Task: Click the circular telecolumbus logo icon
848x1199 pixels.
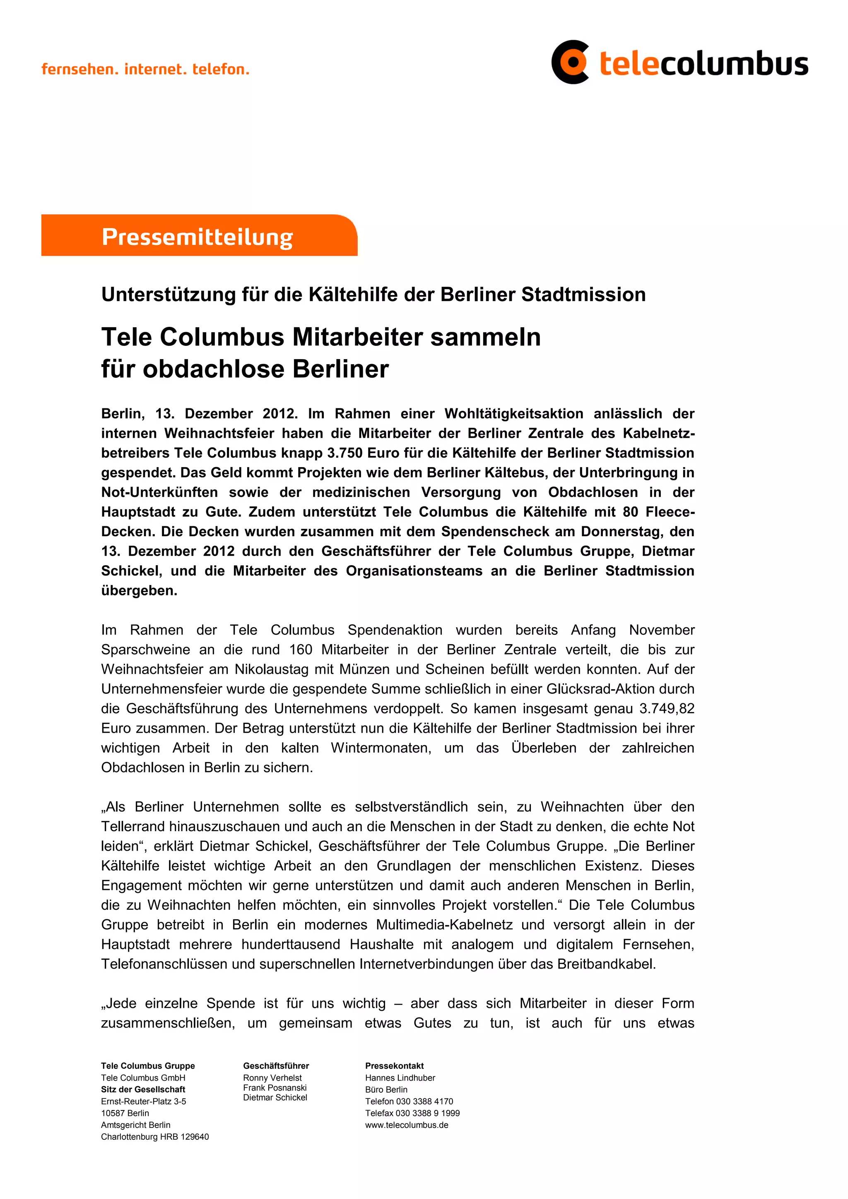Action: point(571,62)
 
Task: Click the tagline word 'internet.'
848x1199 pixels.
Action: point(155,69)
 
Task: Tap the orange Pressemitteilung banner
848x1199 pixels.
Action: point(199,236)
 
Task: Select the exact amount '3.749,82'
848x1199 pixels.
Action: point(667,708)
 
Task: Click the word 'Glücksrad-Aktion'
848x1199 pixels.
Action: point(620,689)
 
